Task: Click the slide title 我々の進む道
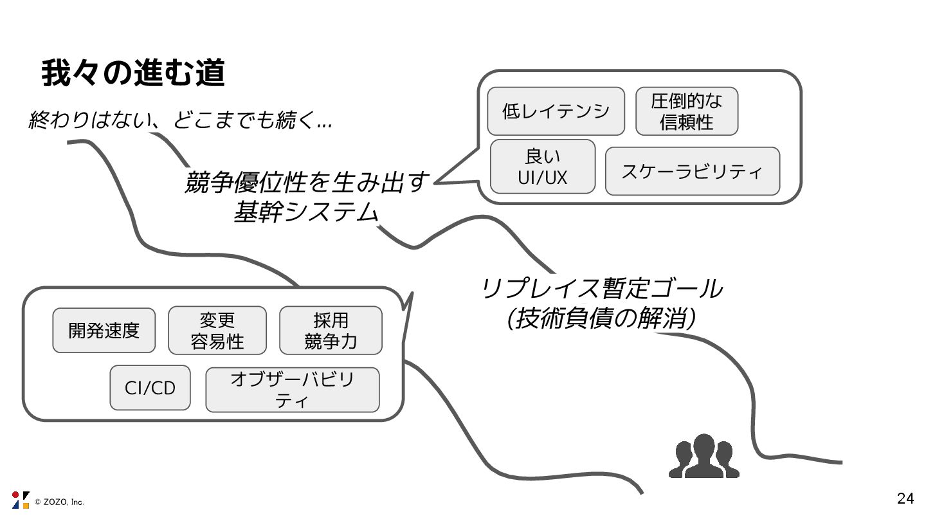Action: [x=133, y=74]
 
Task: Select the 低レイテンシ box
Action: [x=556, y=111]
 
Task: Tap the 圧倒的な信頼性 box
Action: [x=686, y=111]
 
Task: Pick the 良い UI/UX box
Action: [x=543, y=166]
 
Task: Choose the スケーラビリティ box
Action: [x=692, y=171]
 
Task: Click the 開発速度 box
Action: [x=104, y=330]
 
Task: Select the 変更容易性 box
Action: [x=217, y=330]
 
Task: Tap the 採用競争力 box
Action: [x=331, y=330]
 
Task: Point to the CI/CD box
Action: [x=150, y=388]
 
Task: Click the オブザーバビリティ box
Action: [x=292, y=390]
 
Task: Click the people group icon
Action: [x=704, y=456]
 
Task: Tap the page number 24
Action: [x=905, y=498]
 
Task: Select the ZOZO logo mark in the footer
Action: [x=21, y=500]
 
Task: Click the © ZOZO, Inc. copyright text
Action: [x=59, y=502]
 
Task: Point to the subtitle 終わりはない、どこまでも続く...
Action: [x=180, y=120]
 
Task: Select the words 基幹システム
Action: [x=305, y=212]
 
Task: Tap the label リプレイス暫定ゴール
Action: [x=601, y=289]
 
